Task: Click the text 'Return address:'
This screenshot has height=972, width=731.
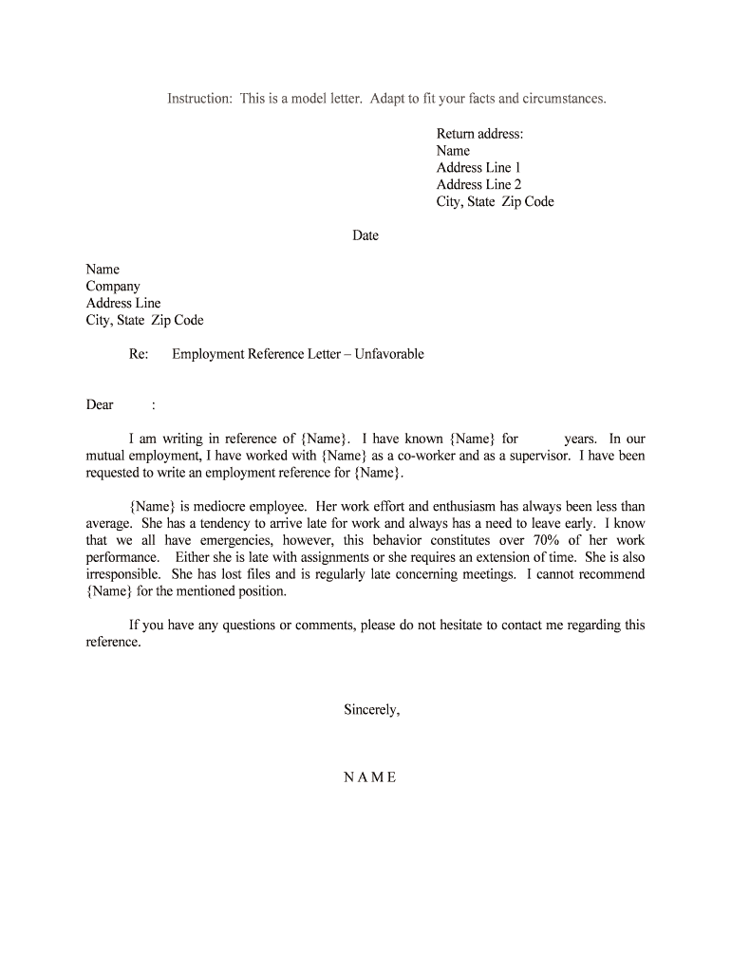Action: (479, 134)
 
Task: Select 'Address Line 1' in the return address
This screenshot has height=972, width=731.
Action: (478, 168)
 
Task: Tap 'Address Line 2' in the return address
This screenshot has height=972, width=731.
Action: (478, 185)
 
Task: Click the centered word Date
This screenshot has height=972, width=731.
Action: (365, 235)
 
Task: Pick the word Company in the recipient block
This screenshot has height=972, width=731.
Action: (113, 287)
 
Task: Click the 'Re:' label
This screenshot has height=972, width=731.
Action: (139, 354)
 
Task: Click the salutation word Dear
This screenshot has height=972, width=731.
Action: (100, 405)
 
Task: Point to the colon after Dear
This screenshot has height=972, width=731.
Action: (153, 405)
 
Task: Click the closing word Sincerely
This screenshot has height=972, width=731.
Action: (371, 709)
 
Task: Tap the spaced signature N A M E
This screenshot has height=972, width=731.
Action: (369, 777)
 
